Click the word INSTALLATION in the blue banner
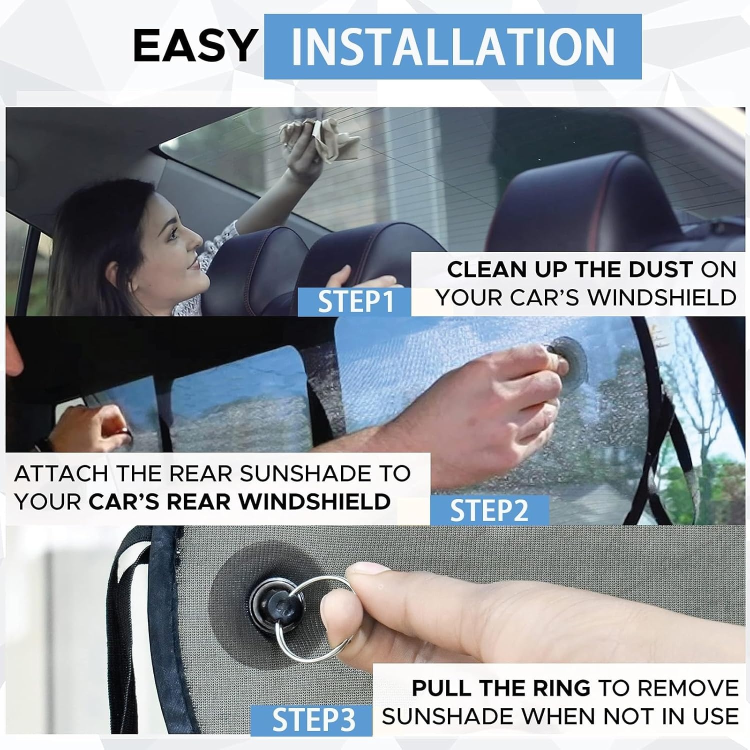[x=452, y=47]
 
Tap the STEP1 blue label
[x=354, y=301]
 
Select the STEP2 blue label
[x=489, y=510]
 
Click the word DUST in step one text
[x=660, y=269]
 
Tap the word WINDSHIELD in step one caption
[x=662, y=297]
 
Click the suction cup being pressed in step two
[x=570, y=358]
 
